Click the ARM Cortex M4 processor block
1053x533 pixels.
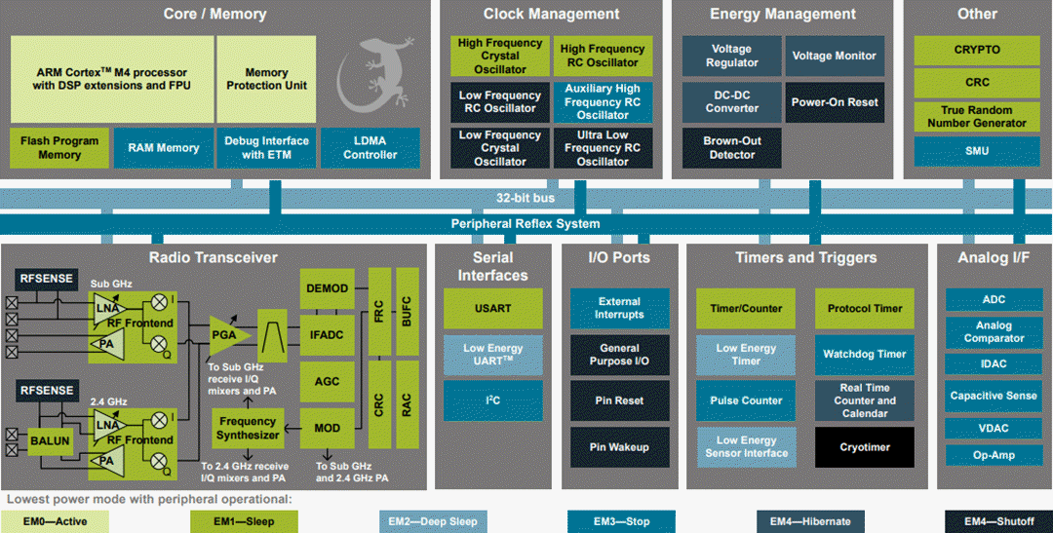pos(111,79)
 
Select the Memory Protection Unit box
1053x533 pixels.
pos(266,79)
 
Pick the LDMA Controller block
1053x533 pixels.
pos(370,148)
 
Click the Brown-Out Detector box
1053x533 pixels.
pos(731,148)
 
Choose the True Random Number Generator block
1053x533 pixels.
pos(976,117)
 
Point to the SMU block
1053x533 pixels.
pos(976,151)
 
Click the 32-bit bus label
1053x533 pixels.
pos(526,198)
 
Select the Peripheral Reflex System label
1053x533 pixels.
pos(526,224)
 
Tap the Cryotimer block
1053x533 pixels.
pos(864,447)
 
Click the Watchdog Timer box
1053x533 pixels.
pos(864,355)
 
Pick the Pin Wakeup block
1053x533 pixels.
pos(619,447)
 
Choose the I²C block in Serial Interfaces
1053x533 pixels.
pos(492,400)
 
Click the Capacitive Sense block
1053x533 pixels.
pos(994,396)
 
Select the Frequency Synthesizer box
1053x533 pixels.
pos(247,429)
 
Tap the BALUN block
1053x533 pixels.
pos(49,440)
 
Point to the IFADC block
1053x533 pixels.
pos(327,335)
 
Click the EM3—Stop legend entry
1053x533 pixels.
pos(621,521)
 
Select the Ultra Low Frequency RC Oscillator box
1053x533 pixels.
pos(603,148)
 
